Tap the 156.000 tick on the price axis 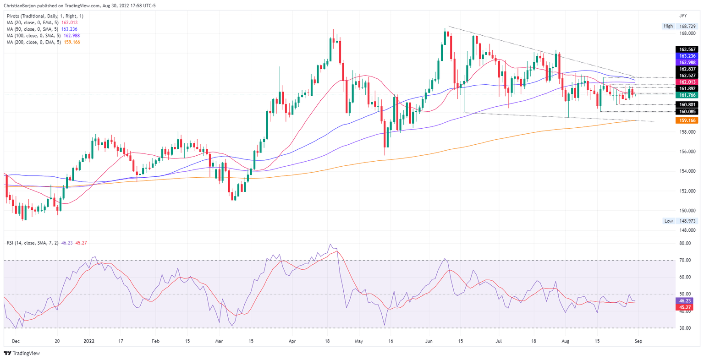click(x=687, y=152)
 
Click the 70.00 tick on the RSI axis click(x=685, y=260)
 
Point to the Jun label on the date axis click(x=429, y=341)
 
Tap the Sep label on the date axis click(x=638, y=341)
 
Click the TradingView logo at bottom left click(x=22, y=353)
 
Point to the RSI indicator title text click(x=30, y=242)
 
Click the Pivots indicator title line click(x=45, y=16)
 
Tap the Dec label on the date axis click(x=16, y=341)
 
